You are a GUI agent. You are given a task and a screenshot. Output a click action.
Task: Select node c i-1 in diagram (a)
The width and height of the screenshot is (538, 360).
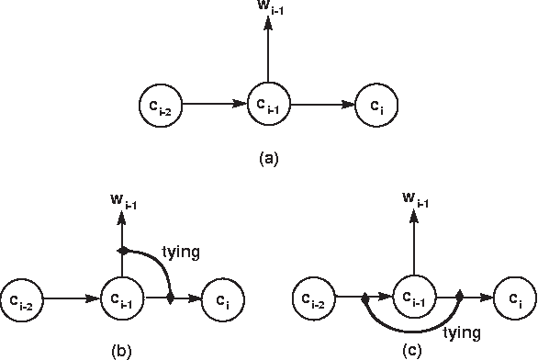point(267,104)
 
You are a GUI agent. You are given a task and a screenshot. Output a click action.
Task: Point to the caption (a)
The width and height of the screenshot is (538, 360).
point(267,158)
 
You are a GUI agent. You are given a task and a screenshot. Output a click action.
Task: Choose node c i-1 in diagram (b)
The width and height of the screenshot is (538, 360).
point(121,298)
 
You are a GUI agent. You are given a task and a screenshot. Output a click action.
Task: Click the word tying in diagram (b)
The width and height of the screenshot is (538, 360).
point(180,250)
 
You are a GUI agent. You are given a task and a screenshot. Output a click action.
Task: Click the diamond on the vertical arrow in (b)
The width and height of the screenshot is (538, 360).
point(121,250)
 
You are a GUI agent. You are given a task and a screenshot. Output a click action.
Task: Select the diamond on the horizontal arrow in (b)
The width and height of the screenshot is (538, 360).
point(171,298)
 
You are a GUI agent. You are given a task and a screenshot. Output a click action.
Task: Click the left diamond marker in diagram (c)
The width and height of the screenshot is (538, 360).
point(364,298)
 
